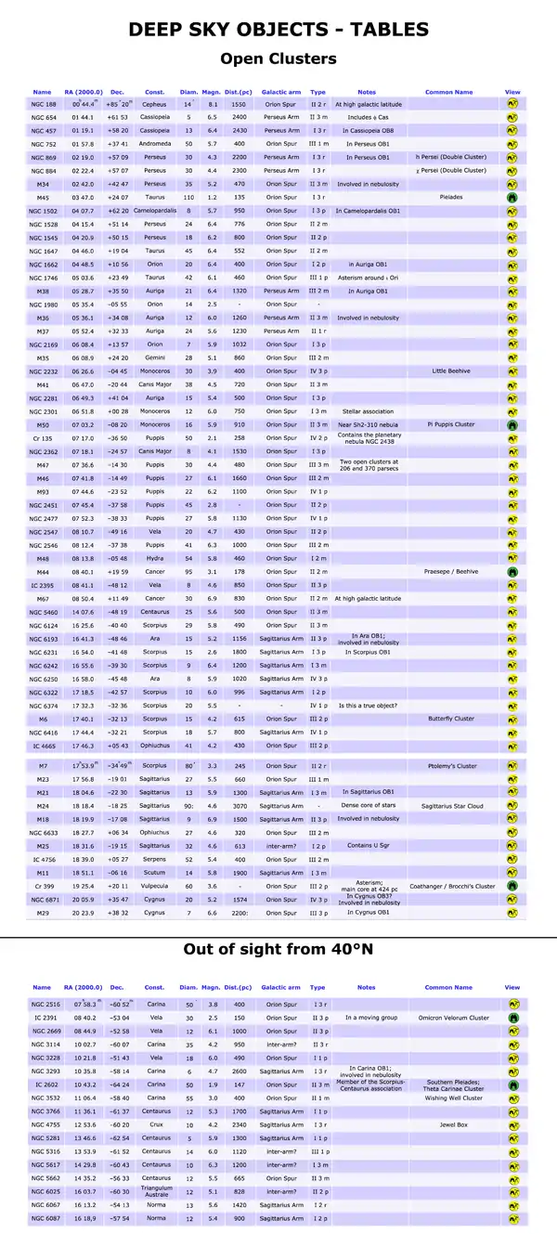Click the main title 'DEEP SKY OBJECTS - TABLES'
coord(278,30)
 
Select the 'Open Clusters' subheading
coord(278,59)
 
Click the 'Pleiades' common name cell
coord(448,198)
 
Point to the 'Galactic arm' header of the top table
coord(280,92)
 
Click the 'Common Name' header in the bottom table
coord(448,987)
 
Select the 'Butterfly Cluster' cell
coord(448,719)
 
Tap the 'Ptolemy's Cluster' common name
coord(448,766)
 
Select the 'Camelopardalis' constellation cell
coord(154,212)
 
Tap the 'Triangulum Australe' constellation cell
coord(154,1191)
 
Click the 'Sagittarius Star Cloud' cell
coord(448,806)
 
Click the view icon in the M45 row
coord(512,198)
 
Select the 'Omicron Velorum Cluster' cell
coord(448,1018)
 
